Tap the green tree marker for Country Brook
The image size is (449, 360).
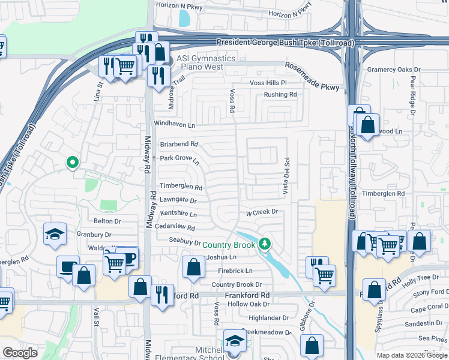click(264, 244)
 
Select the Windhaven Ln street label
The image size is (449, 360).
click(175, 125)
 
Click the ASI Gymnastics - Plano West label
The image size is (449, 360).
click(200, 62)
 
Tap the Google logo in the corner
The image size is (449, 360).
click(20, 353)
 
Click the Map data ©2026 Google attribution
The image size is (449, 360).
click(412, 355)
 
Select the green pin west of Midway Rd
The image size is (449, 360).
click(73, 162)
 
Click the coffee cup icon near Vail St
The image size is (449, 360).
click(68, 266)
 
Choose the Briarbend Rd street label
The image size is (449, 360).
click(179, 144)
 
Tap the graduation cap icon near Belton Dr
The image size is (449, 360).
click(55, 234)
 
